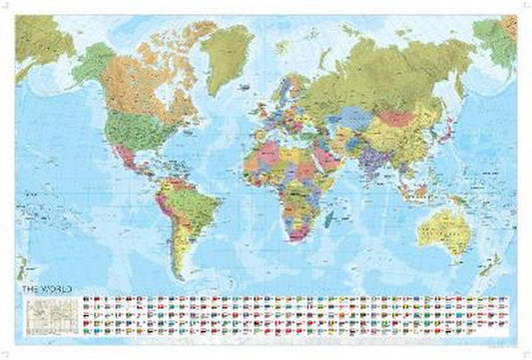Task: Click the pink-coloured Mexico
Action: coord(129,154)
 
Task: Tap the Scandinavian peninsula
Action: coord(290,75)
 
